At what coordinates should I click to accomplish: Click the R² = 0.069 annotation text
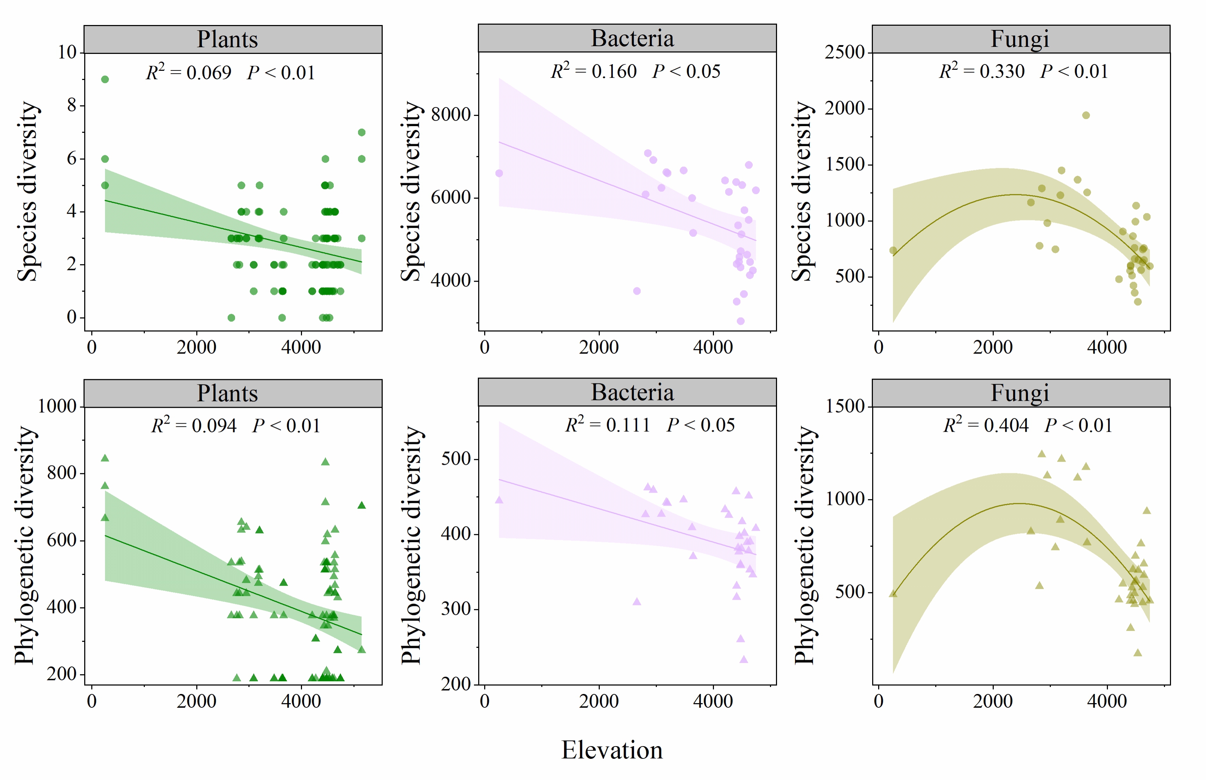click(x=188, y=73)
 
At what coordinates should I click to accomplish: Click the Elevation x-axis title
click(x=612, y=750)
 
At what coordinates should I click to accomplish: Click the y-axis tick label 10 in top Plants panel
click(x=67, y=52)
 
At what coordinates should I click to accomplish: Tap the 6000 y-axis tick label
click(x=451, y=197)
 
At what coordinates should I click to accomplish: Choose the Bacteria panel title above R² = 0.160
click(x=632, y=38)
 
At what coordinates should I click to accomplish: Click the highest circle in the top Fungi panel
click(x=1086, y=115)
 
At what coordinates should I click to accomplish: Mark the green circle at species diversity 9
click(x=105, y=79)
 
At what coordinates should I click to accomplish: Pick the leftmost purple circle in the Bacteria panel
click(x=499, y=173)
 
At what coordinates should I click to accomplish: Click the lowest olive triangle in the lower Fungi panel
click(x=1138, y=653)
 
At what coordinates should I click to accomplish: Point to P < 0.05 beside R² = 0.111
click(x=701, y=425)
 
